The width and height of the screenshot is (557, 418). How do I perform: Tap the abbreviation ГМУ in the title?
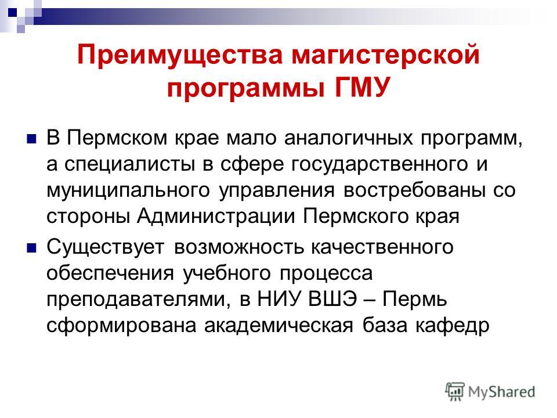[362, 87]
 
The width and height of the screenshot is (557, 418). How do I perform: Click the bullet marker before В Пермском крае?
[31, 138]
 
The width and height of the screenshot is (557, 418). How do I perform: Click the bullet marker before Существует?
[31, 248]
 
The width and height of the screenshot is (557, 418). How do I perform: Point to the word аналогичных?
[349, 138]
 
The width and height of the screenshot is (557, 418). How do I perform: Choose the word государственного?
[379, 164]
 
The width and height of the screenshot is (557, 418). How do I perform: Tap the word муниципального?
[128, 191]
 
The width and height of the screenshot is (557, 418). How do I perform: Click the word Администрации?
[216, 216]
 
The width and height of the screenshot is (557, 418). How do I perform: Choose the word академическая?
[279, 325]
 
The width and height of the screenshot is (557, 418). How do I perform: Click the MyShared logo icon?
[455, 392]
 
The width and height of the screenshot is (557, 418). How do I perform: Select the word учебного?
[227, 273]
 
